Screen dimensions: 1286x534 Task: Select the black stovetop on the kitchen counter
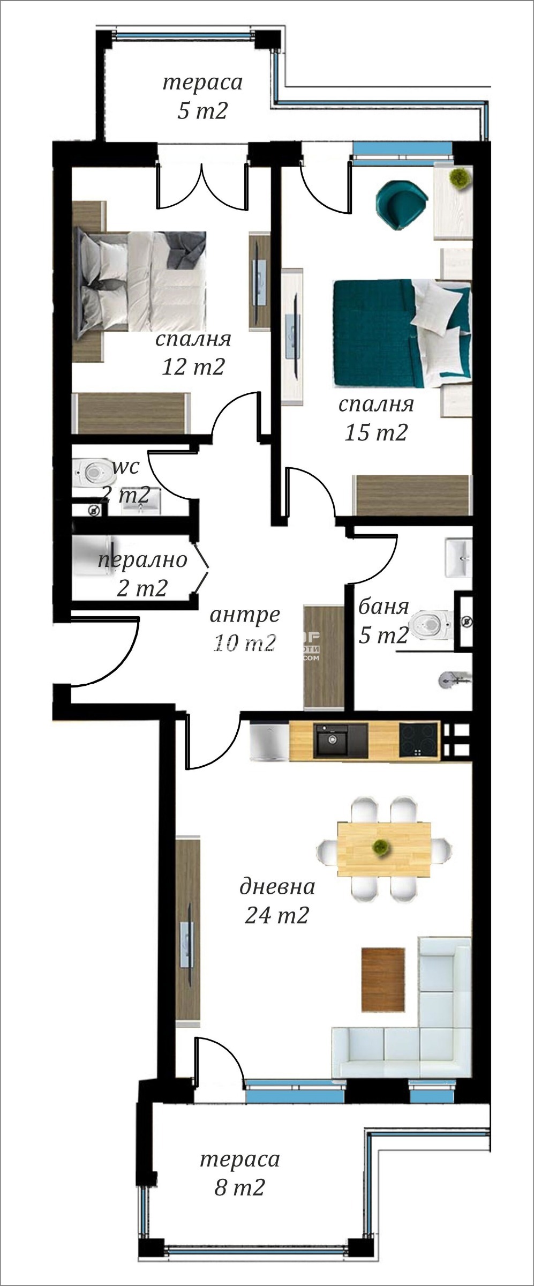(x=419, y=740)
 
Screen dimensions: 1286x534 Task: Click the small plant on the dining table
(x=380, y=847)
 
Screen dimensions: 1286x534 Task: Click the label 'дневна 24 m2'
(x=277, y=901)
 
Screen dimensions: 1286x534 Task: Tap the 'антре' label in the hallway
(x=245, y=615)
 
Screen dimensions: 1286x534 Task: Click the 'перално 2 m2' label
(x=142, y=573)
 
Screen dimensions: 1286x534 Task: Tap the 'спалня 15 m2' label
(x=376, y=418)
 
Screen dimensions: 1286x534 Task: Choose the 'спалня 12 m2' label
(x=193, y=353)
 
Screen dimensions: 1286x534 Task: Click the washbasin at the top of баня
(x=458, y=557)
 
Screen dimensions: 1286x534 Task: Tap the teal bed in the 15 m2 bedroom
(x=401, y=333)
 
